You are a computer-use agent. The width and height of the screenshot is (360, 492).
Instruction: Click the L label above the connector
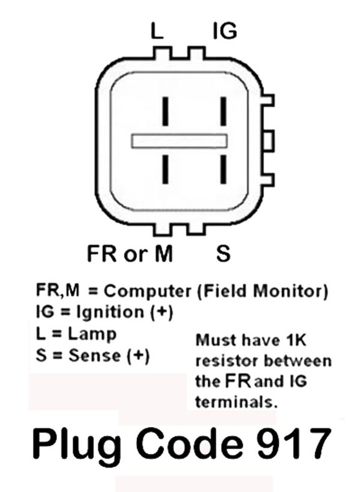157,31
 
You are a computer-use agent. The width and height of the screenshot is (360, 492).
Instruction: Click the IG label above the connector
224,31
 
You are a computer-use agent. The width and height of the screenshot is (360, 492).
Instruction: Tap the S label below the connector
223,253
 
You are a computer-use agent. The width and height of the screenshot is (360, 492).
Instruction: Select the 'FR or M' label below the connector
129,253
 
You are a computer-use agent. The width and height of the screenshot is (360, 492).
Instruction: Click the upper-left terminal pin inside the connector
165,111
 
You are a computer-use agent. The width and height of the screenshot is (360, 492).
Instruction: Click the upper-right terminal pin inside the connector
223,111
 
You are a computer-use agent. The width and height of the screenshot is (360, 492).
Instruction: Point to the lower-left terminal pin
165,169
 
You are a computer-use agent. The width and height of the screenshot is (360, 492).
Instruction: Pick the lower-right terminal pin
223,169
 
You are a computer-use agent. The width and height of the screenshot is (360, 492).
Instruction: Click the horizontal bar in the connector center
179,141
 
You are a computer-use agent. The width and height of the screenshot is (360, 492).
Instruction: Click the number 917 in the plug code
294,443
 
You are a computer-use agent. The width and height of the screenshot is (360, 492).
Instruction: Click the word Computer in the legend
147,292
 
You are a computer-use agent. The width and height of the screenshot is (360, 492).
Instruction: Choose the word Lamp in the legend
92,335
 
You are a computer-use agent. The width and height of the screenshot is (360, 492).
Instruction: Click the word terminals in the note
236,402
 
